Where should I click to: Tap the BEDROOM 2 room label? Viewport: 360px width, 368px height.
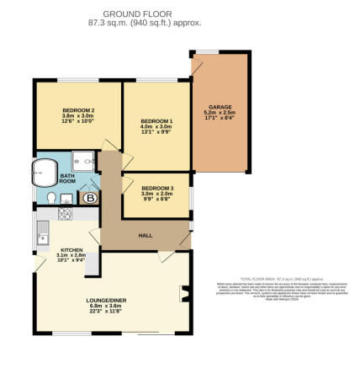(x=77, y=111)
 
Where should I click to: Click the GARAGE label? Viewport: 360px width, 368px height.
(x=220, y=107)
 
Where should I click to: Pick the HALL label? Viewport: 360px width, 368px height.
(x=144, y=237)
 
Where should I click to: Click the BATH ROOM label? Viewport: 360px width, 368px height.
(x=67, y=178)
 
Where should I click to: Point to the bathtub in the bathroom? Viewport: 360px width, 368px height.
(x=44, y=173)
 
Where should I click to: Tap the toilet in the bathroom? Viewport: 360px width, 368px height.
(x=52, y=198)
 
